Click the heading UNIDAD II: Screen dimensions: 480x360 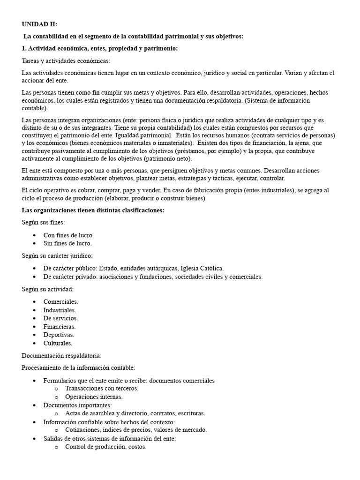click(x=39, y=24)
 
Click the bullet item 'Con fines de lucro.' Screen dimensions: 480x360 click(x=68, y=235)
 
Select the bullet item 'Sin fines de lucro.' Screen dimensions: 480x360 click(x=67, y=243)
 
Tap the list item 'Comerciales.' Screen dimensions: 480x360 click(x=61, y=301)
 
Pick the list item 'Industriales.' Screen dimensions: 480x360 click(x=60, y=310)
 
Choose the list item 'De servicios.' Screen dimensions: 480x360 click(x=60, y=318)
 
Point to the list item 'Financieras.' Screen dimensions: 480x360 click(x=60, y=327)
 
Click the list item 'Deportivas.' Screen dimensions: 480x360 click(x=59, y=335)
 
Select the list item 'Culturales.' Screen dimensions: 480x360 click(x=58, y=343)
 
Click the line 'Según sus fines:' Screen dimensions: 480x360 click(x=43, y=222)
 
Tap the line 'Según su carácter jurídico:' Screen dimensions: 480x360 click(x=57, y=255)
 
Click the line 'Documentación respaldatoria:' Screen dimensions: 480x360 click(x=61, y=356)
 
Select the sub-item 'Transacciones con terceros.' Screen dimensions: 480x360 click(x=102, y=388)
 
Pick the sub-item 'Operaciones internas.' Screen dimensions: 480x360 click(x=94, y=397)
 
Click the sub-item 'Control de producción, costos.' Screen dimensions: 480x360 click(x=106, y=447)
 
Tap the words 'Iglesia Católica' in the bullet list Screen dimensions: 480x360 click(x=201, y=268)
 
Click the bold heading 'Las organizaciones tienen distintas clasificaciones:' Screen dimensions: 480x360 click(x=93, y=210)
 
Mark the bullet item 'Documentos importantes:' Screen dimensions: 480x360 click(x=77, y=405)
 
